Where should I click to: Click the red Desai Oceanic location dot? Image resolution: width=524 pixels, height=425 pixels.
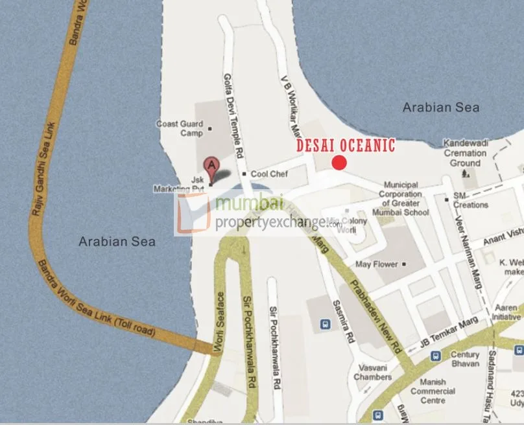[339, 163]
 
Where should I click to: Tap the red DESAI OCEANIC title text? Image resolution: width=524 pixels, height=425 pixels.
[346, 145]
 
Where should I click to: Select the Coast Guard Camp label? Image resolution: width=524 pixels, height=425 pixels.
[180, 128]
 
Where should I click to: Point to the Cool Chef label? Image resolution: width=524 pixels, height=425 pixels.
[268, 174]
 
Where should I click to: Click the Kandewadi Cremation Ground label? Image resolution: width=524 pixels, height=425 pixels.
[466, 153]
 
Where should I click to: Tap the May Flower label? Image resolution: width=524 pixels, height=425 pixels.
[377, 264]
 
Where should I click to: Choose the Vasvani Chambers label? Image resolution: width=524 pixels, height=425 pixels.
[373, 372]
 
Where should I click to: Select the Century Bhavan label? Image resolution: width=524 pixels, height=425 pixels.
[465, 359]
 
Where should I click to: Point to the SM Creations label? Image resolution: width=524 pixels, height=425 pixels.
[471, 200]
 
